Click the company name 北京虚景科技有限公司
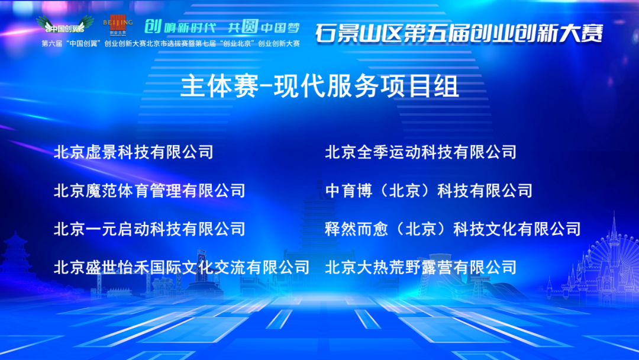tap(134, 152)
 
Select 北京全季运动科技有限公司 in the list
tap(421, 152)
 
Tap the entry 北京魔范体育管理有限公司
tap(150, 191)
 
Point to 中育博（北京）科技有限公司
tap(429, 191)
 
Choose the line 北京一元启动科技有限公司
tap(150, 229)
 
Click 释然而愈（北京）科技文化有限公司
tap(453, 229)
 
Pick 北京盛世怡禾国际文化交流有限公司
tap(182, 268)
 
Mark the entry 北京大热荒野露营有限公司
tap(421, 268)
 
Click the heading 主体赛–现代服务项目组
tap(320, 86)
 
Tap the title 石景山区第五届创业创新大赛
tap(459, 33)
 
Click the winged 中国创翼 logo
tap(65, 24)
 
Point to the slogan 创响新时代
tap(180, 27)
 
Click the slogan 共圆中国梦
tap(264, 27)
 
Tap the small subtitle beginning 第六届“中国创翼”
tap(171, 44)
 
